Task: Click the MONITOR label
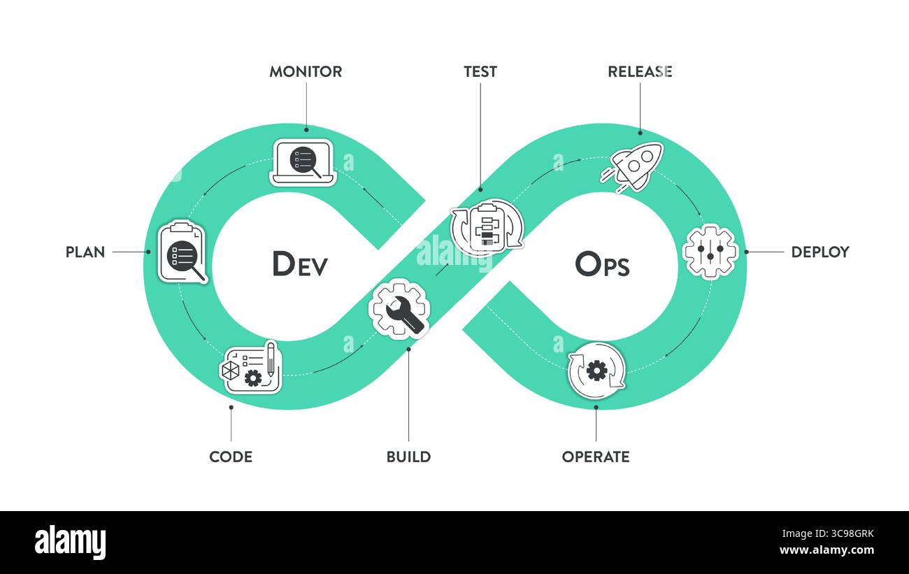(306, 71)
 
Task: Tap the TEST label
(480, 71)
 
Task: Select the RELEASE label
(640, 71)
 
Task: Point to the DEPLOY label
(819, 252)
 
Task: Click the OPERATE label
(596, 457)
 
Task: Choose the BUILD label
(408, 457)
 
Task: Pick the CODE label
(231, 457)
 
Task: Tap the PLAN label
(85, 252)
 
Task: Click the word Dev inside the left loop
(299, 264)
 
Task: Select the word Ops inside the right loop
(602, 264)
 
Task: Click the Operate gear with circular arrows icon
(596, 370)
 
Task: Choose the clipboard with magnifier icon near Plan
(182, 252)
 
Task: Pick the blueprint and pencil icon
(252, 367)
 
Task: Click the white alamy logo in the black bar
(70, 542)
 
